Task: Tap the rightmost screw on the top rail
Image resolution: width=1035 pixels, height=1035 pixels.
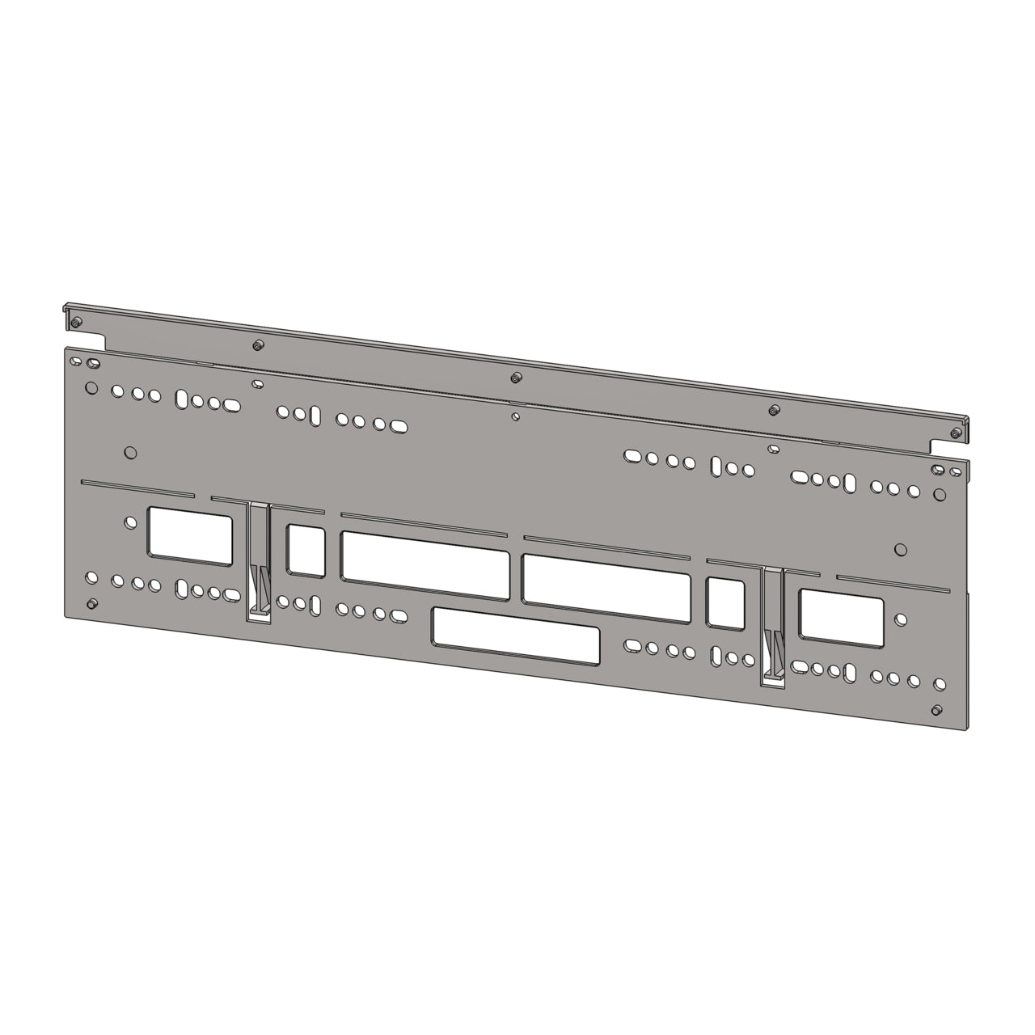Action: [957, 435]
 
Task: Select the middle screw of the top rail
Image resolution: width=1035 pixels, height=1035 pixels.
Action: [516, 378]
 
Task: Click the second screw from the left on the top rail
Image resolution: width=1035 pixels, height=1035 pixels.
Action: [256, 344]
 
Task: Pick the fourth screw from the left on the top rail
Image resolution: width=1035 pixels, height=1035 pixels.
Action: [774, 410]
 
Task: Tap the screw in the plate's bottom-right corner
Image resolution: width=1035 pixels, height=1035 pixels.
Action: [936, 710]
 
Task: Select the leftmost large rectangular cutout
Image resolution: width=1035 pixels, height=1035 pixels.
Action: [191, 534]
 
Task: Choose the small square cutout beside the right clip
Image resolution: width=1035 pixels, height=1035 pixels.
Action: [725, 602]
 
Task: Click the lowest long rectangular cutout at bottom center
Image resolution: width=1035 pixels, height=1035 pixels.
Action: [516, 632]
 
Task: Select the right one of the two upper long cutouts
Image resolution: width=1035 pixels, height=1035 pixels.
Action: [606, 579]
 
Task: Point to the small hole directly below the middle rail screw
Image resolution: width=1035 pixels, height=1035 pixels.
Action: [516, 417]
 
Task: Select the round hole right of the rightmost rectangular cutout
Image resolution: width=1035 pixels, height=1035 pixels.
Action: [900, 620]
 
